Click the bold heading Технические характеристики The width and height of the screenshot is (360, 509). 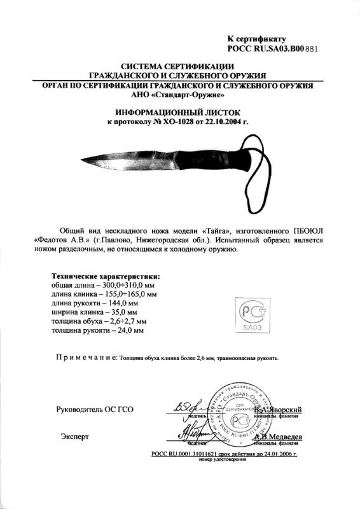(105, 277)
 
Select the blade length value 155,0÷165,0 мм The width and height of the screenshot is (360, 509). (127, 295)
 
